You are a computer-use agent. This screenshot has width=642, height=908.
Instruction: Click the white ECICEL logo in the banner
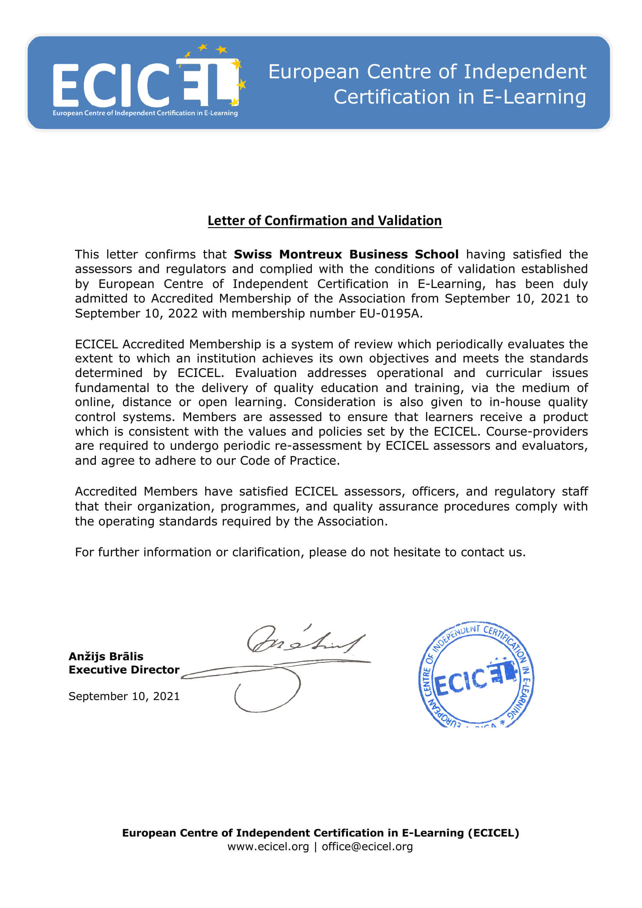(146, 84)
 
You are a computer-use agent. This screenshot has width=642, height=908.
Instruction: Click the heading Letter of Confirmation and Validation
(324, 221)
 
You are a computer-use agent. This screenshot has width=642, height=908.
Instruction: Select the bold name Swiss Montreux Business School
(346, 255)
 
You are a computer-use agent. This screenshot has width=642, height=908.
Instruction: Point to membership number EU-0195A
(390, 314)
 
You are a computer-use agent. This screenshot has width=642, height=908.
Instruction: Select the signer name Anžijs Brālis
(106, 656)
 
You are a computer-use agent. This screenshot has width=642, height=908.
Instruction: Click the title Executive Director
(124, 670)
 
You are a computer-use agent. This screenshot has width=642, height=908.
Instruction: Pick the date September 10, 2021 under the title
(124, 696)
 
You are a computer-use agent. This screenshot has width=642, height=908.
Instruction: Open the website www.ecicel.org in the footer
(268, 847)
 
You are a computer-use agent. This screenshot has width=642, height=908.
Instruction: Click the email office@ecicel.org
(367, 847)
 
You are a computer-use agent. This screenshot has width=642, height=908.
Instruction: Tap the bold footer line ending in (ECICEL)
(321, 833)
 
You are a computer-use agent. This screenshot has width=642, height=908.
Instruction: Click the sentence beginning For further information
(300, 552)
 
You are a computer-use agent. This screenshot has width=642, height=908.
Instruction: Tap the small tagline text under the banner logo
(145, 113)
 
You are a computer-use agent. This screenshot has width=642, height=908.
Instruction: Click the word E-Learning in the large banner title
(534, 97)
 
